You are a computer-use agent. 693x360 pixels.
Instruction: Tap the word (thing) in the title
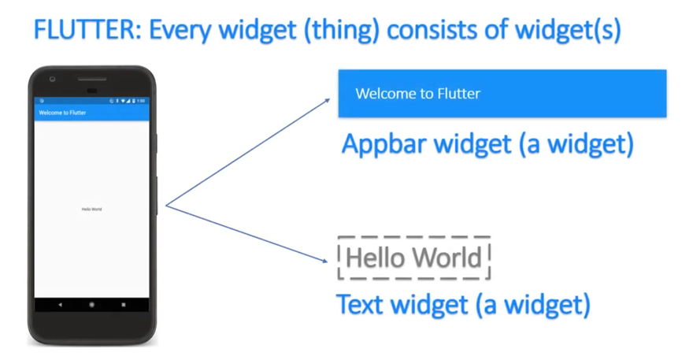click(x=341, y=31)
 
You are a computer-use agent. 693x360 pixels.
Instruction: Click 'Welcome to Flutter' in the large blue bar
click(x=417, y=94)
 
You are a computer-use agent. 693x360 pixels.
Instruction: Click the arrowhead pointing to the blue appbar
click(x=328, y=100)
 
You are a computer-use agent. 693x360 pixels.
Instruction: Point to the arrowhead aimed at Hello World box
click(x=324, y=261)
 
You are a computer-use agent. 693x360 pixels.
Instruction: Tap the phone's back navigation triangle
click(x=60, y=305)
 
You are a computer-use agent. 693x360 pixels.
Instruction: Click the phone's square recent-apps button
click(x=124, y=305)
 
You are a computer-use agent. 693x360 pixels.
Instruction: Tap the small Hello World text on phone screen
click(x=91, y=210)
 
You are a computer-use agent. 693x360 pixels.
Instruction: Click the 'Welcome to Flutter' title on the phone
click(x=62, y=113)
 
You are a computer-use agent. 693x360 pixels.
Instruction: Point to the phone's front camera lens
click(x=52, y=79)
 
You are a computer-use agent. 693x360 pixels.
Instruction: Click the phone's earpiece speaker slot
click(x=92, y=79)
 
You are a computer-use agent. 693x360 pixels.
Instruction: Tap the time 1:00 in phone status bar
click(x=141, y=101)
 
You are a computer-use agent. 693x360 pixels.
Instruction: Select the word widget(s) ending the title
click(x=569, y=31)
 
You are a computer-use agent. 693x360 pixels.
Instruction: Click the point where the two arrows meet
click(x=165, y=206)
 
